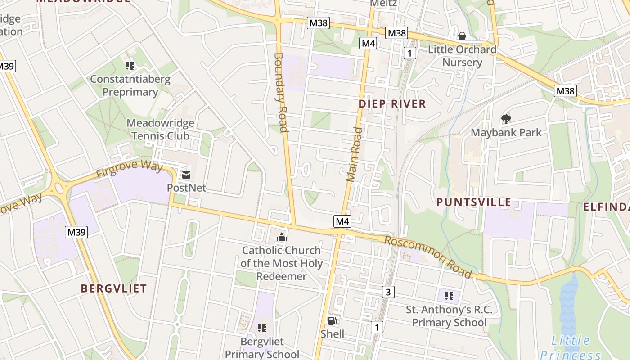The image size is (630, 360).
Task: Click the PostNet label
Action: [186, 188]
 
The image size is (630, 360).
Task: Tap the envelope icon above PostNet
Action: [186, 175]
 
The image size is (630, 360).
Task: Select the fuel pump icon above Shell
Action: [332, 321]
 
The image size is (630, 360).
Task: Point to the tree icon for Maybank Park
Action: [506, 119]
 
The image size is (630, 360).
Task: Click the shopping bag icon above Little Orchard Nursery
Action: [462, 36]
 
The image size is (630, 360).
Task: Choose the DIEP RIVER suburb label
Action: [392, 104]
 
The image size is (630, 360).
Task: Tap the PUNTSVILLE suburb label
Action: [474, 202]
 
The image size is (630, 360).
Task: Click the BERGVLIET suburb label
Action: [114, 288]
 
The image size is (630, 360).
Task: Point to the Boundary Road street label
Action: [280, 93]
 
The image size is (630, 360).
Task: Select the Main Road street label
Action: [354, 154]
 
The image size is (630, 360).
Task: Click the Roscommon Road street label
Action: [428, 256]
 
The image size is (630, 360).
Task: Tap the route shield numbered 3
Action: [388, 292]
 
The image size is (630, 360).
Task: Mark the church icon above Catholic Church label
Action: [282, 237]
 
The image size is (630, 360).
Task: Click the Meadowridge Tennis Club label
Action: [160, 129]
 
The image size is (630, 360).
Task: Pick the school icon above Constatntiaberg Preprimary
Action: [130, 66]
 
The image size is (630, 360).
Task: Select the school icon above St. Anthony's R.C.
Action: [449, 296]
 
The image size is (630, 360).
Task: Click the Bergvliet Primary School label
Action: [262, 348]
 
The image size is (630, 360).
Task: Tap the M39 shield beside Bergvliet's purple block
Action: [76, 232]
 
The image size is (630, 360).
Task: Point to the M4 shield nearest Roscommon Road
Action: [342, 221]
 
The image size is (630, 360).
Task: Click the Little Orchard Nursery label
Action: [462, 56]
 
